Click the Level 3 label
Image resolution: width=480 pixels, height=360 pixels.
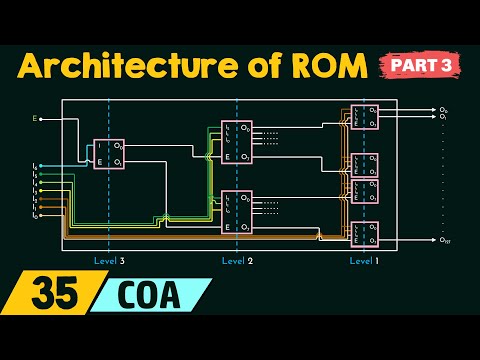[107, 260]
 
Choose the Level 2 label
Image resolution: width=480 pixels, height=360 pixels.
[237, 260]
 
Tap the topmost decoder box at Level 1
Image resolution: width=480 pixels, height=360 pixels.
[364, 115]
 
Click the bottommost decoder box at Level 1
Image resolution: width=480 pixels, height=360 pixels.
[364, 234]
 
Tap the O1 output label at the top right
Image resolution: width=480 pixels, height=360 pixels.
[444, 116]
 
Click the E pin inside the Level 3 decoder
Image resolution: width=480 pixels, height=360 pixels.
[100, 163]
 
